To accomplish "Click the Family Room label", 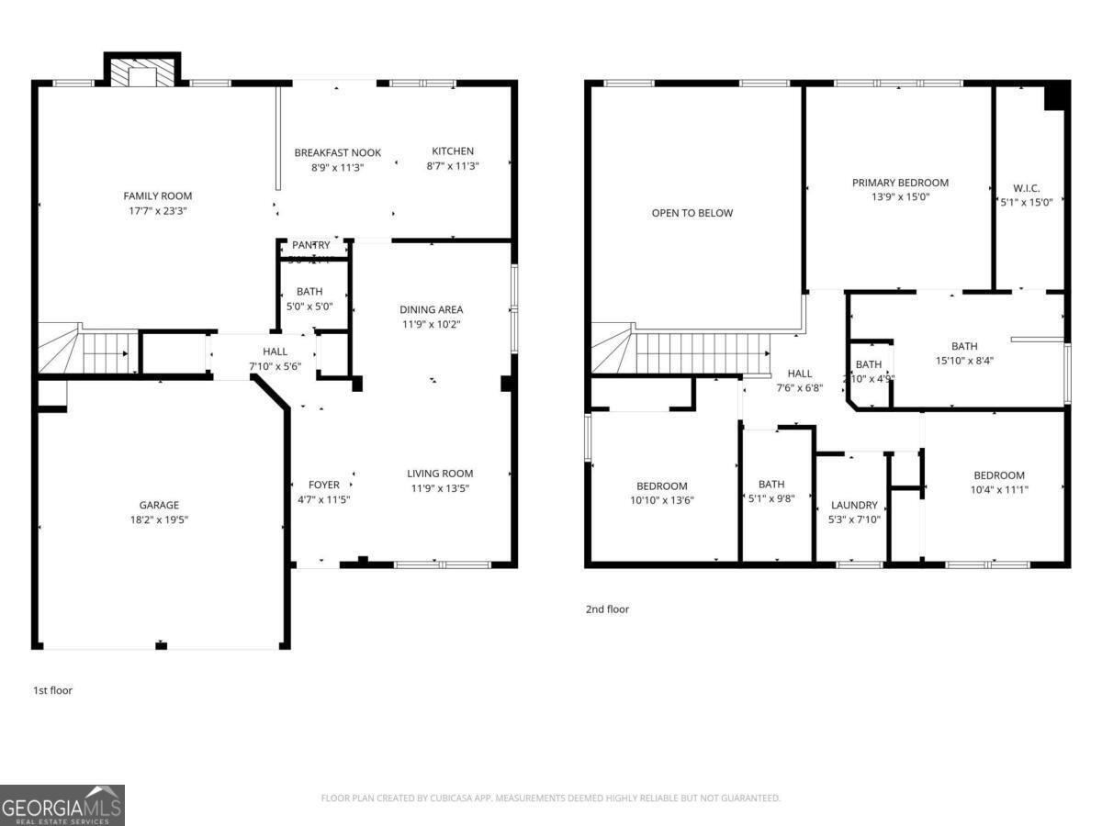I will (158, 195).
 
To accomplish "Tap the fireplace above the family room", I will (142, 73).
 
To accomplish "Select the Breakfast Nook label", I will (337, 152).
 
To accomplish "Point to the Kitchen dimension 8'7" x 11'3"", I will (453, 166).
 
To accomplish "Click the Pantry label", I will (310, 245).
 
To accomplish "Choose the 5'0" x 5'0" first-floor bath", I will (309, 299).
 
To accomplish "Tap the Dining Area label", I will (431, 309).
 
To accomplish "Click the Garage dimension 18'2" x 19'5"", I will (159, 519).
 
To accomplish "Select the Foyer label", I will (323, 485).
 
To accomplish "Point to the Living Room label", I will (440, 474).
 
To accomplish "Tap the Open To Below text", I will (692, 213).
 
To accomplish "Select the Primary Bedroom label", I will (899, 183).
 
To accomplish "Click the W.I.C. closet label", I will (1026, 188).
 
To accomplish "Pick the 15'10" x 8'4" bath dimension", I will (963, 361).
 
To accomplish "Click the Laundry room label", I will (853, 505).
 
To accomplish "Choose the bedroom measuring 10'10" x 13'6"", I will (661, 493).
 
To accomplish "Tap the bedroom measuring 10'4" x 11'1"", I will (998, 482).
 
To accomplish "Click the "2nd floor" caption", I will (607, 608).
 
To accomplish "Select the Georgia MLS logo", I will (62, 805).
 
